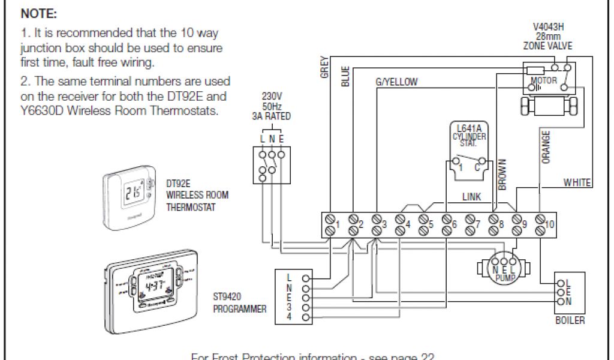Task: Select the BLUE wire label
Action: pyautogui.click(x=345, y=76)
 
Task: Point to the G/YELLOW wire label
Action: pyautogui.click(x=396, y=82)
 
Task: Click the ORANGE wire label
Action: pyautogui.click(x=546, y=148)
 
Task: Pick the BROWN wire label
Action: pyautogui.click(x=502, y=175)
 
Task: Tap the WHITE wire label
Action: pyautogui.click(x=577, y=182)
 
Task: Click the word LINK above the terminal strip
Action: pyautogui.click(x=471, y=196)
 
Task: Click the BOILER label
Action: pyautogui.click(x=570, y=320)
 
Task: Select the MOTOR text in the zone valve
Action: pyautogui.click(x=544, y=80)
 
